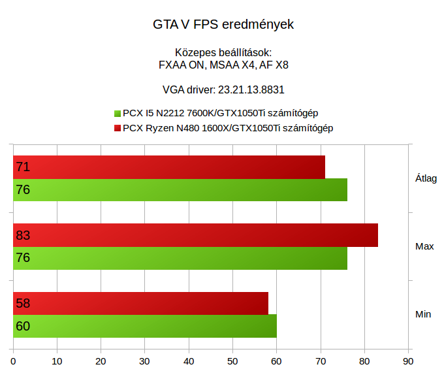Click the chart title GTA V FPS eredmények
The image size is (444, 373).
pos(223,25)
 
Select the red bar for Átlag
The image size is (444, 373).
pos(169,167)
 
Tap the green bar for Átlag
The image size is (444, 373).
pos(180,190)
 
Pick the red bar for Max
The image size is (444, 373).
pos(196,235)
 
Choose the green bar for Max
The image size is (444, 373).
pos(180,258)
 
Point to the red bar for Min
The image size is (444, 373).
pos(141,303)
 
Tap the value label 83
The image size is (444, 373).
pos(23,235)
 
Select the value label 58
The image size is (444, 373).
pos(23,303)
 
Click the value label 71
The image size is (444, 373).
pos(23,167)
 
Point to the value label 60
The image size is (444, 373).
pos(23,326)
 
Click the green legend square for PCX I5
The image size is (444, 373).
pos(118,113)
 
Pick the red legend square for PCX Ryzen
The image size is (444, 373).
pos(118,128)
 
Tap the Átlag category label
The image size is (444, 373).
pos(426,178)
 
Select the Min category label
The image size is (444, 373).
pos(423,314)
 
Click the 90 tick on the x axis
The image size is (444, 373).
pos(408,360)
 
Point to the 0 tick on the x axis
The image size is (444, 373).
pos(13,360)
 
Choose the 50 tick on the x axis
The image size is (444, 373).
pos(232,360)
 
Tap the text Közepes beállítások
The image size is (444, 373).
pos(223,53)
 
